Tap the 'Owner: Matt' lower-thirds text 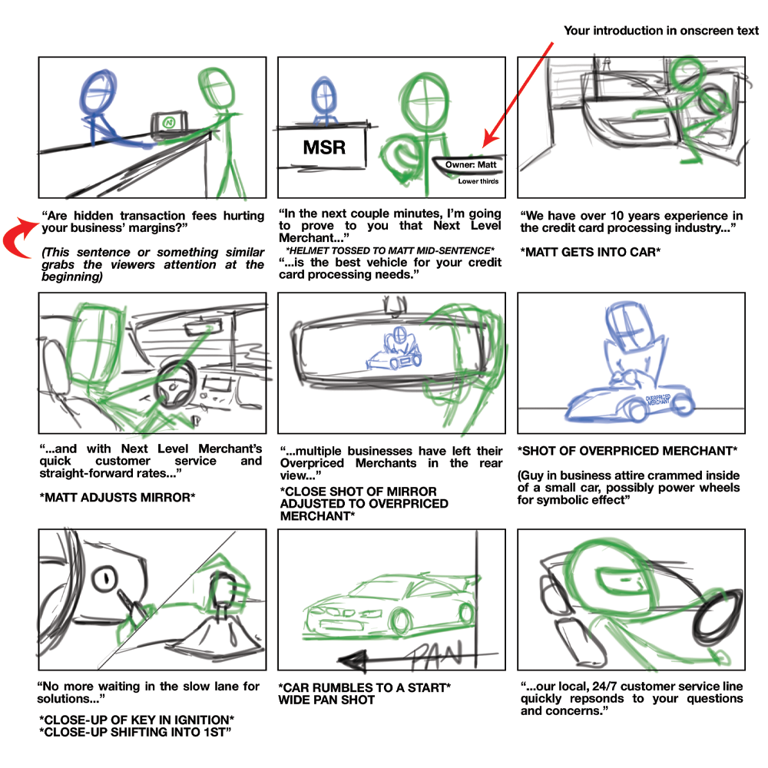coord(472,165)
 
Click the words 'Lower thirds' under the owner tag coord(478,181)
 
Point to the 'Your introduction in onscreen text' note coord(661,31)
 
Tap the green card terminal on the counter coord(170,123)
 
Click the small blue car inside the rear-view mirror coord(392,349)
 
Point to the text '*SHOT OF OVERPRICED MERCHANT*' coord(627,451)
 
